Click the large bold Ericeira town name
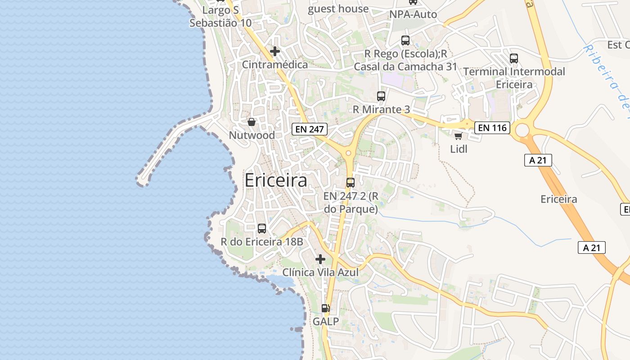click(276, 180)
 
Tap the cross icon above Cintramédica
click(275, 51)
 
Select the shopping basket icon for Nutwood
click(252, 122)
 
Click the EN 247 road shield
click(309, 129)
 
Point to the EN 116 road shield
click(492, 128)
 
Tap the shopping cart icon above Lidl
click(458, 136)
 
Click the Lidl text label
click(459, 148)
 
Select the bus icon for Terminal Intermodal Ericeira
click(514, 58)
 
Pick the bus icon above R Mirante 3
click(381, 96)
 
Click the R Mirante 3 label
click(381, 109)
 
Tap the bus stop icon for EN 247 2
click(351, 183)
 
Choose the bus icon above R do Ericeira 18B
click(262, 229)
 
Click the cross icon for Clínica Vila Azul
click(320, 259)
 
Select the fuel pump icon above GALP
click(326, 308)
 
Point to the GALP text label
click(326, 322)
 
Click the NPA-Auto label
click(413, 14)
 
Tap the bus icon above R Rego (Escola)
click(405, 40)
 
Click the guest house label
click(338, 9)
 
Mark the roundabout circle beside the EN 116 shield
click(522, 130)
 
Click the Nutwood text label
click(252, 135)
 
